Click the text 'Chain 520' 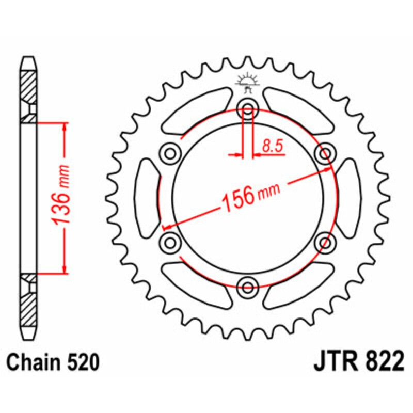tap(53, 362)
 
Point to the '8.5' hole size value tap(273, 147)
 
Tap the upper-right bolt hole tap(325, 153)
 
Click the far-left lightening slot tap(147, 198)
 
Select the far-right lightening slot tap(349, 198)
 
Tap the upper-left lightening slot tap(196, 110)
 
